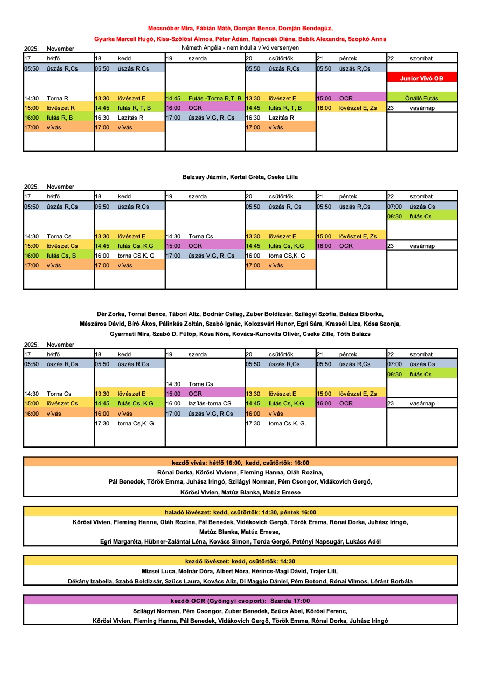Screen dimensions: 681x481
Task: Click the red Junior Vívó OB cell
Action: coord(422,78)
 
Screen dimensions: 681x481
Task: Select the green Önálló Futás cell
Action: coord(422,98)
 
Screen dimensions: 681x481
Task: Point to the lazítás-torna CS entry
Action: coord(205,403)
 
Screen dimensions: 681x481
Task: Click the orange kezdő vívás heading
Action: coord(240,462)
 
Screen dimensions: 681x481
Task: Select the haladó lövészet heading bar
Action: coord(240,512)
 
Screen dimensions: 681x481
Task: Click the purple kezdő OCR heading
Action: coord(240,600)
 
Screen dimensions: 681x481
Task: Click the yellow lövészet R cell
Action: coord(59,108)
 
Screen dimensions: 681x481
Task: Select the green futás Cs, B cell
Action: coord(59,256)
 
